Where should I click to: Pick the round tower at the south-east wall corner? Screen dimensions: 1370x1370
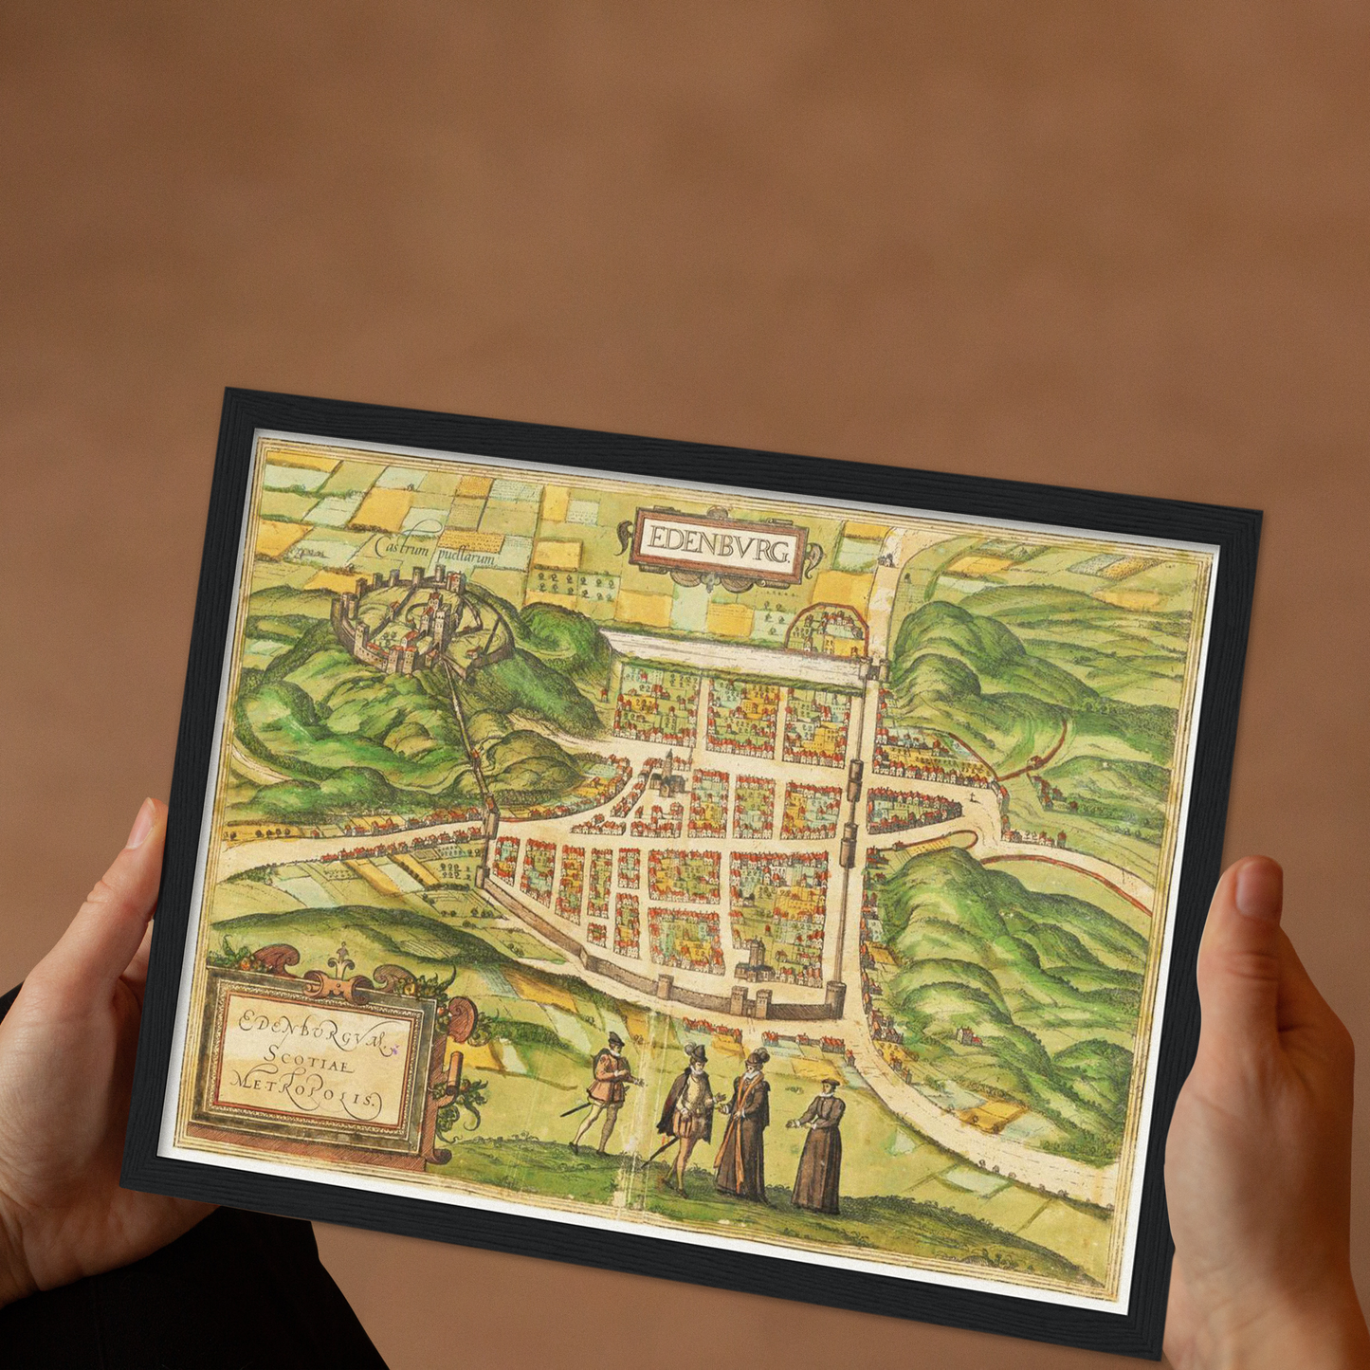pos(834,996)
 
